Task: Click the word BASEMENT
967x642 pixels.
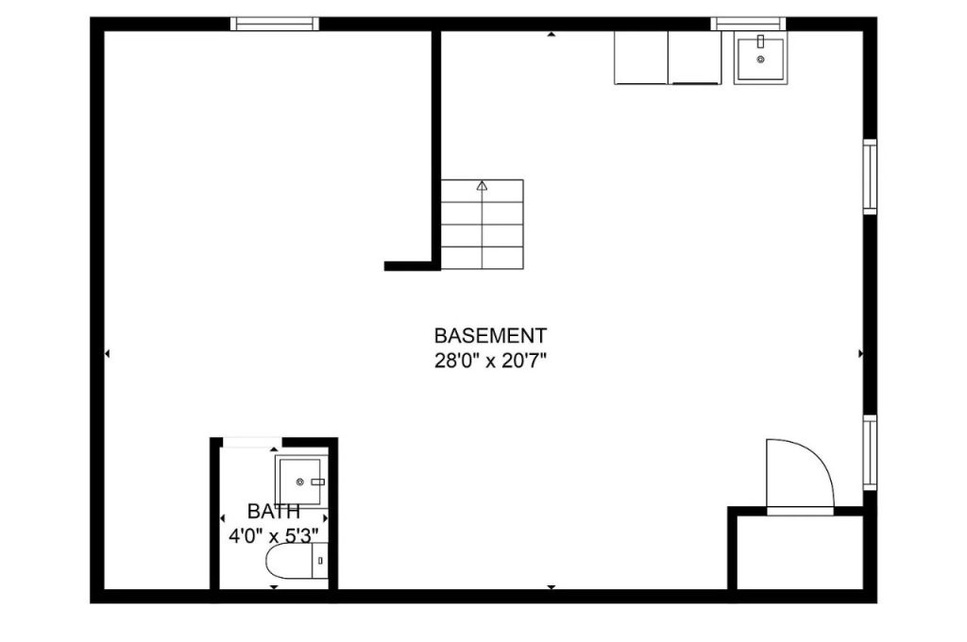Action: pos(490,336)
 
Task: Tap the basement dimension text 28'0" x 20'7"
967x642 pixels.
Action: pos(491,361)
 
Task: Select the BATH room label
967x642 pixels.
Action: pos(274,512)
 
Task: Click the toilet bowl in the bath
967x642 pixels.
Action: pos(289,561)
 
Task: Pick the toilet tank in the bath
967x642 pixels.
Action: pos(319,561)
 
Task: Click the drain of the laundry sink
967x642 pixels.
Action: pos(760,59)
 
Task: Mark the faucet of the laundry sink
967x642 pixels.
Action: pos(760,42)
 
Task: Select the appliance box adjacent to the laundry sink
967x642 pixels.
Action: pos(694,58)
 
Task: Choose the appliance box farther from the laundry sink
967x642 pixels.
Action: pos(641,58)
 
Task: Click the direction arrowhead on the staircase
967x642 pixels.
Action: pos(482,185)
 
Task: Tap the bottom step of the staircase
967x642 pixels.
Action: pos(483,258)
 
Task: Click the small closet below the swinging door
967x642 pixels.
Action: pos(800,552)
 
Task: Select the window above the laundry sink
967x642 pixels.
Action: pos(748,24)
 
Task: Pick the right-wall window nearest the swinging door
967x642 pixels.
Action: pos(870,452)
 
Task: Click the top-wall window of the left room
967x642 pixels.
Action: pos(275,24)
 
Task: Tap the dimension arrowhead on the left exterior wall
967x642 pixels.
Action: pos(107,353)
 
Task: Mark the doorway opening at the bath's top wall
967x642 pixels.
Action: pos(251,441)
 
